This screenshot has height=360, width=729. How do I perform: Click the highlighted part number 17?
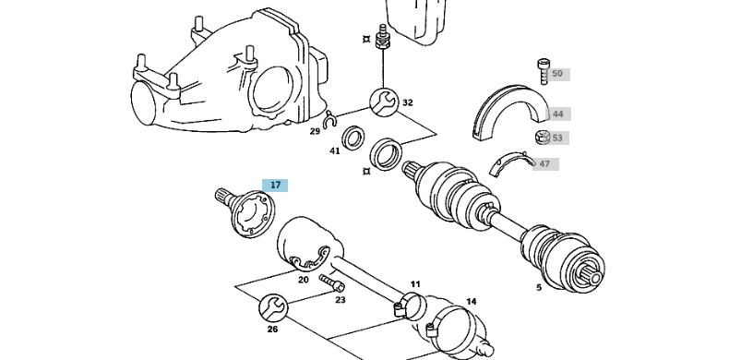tap(275, 185)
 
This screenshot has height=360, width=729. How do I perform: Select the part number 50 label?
tap(556, 74)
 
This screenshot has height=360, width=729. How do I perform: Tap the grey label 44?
tap(556, 114)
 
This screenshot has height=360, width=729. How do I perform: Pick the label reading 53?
tap(556, 138)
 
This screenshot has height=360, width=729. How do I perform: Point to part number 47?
tap(544, 164)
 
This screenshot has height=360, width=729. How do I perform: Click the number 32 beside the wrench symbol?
tap(407, 102)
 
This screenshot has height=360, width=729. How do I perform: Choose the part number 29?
tap(315, 131)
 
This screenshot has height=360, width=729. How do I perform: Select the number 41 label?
tap(335, 150)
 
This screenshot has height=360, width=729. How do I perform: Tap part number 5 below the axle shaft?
tap(539, 287)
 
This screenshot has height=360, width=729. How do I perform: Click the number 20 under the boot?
tap(303, 280)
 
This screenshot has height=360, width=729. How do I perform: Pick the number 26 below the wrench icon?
tap(272, 328)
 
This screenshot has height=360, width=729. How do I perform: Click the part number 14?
tap(471, 301)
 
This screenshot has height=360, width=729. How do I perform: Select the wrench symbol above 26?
tap(272, 305)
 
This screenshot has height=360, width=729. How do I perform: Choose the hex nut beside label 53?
tap(543, 138)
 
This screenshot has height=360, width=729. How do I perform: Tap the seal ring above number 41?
tap(353, 140)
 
